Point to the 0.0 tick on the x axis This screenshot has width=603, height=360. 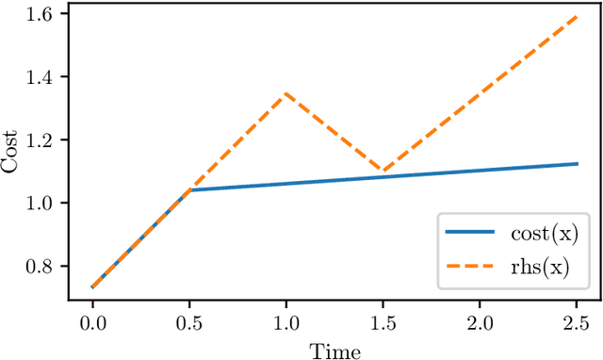coord(92,323)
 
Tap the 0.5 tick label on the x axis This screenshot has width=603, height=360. coord(189,323)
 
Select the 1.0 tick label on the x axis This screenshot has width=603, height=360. coord(286,323)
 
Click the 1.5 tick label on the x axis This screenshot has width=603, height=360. coord(383,323)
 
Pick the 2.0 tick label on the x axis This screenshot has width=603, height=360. coord(481,323)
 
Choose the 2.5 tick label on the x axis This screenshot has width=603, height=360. coord(577,323)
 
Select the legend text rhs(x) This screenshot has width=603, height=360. coord(538,269)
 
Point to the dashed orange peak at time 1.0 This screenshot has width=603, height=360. coord(286,93)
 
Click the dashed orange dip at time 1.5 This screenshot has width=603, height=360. coord(383,171)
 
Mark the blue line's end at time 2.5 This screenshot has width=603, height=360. coord(577,164)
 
